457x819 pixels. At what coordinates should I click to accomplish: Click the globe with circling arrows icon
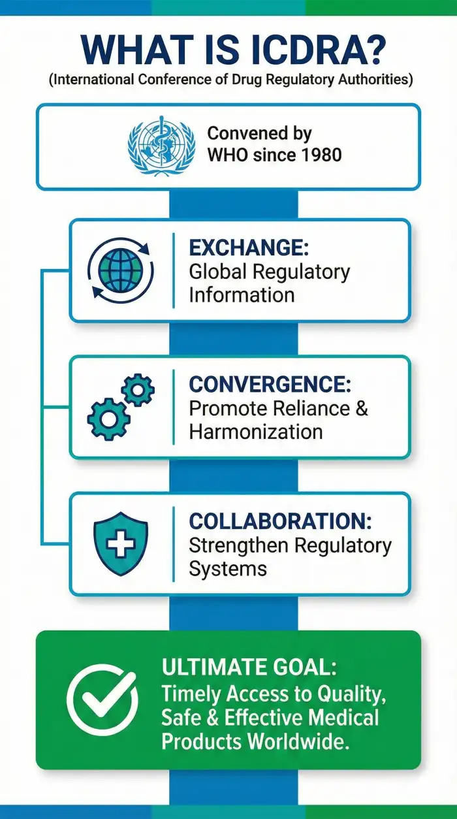(x=120, y=270)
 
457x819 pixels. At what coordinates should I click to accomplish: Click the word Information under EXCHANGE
(x=242, y=295)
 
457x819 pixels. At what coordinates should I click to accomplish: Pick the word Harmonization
(x=256, y=432)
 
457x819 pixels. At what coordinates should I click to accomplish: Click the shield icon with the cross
(x=121, y=544)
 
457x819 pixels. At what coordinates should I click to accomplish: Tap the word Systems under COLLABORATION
(x=228, y=568)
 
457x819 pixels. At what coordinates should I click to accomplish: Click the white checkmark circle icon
(x=102, y=700)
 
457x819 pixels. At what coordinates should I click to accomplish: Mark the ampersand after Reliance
(x=362, y=408)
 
